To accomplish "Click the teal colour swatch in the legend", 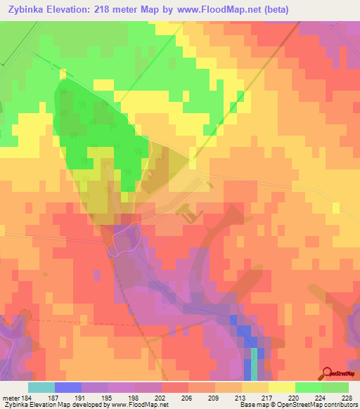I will [41, 388].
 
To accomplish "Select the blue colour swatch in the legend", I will [67, 388].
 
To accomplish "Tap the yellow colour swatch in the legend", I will [281, 388].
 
